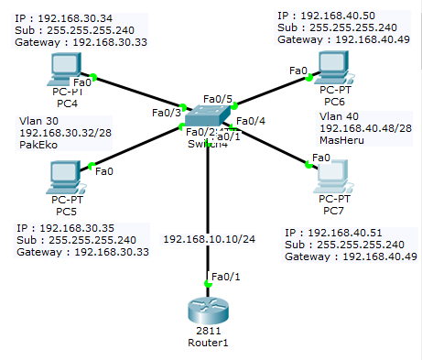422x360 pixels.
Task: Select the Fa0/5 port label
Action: [218, 98]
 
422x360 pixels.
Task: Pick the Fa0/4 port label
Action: [251, 120]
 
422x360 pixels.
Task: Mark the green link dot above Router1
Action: [209, 285]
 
